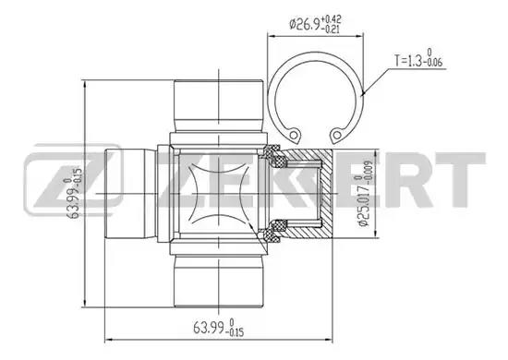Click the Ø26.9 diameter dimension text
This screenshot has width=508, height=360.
point(315,23)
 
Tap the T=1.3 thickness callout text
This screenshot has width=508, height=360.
point(418,58)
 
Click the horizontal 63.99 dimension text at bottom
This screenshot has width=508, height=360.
point(218,328)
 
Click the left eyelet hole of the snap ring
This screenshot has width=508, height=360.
point(294,135)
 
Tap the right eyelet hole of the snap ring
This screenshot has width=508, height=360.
point(337,135)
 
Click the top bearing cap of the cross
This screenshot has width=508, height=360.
point(218,106)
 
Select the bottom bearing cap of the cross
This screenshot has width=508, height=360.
point(218,281)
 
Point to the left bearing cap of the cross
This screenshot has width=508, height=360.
point(131,194)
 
